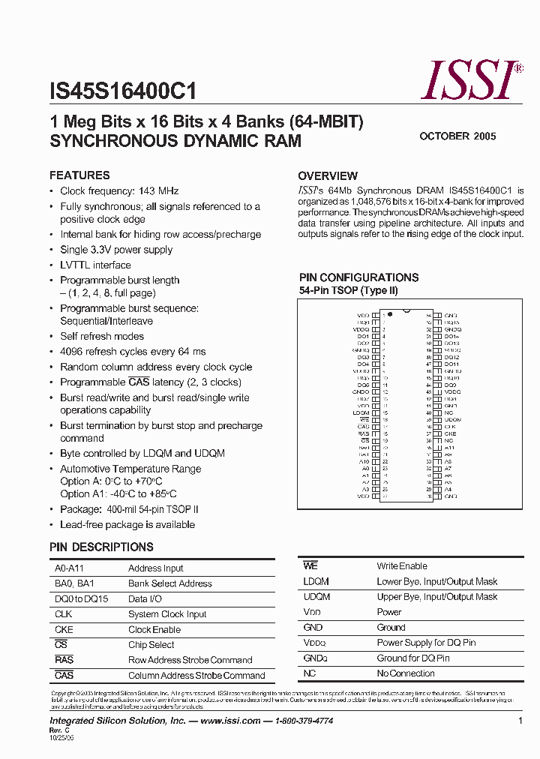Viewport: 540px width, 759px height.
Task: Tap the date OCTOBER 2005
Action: click(457, 136)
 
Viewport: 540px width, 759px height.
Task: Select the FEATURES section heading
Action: click(79, 175)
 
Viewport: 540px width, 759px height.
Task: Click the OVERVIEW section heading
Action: click(328, 175)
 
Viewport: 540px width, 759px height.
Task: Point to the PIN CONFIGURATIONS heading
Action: click(358, 277)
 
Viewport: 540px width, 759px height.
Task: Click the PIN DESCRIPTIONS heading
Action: click(101, 547)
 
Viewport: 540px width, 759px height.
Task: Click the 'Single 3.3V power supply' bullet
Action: click(116, 250)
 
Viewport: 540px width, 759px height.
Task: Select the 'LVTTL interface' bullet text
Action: click(95, 265)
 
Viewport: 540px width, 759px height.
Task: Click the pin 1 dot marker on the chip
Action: click(390, 313)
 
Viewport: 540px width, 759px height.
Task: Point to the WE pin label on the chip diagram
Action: click(364, 419)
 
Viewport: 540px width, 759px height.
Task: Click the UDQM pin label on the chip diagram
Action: click(452, 419)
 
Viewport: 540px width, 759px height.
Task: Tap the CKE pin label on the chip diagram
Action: click(450, 433)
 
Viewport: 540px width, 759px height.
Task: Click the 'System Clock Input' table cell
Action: click(167, 614)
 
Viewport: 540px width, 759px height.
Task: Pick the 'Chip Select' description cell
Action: click(151, 645)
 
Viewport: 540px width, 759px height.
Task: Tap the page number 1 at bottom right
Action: click(520, 721)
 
